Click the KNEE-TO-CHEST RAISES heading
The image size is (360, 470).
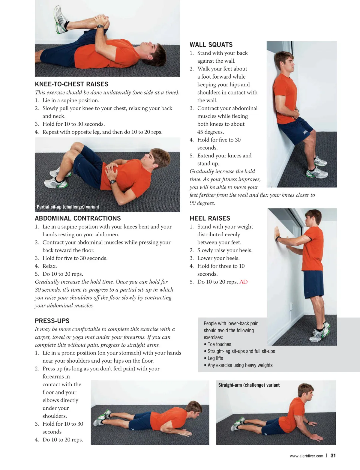(71, 84)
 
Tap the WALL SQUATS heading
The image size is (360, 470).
(211, 45)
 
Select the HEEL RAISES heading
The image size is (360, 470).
(210, 218)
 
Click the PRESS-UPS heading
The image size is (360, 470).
(52, 321)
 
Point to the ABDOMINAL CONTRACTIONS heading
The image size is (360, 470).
(78, 218)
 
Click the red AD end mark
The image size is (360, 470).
(243, 282)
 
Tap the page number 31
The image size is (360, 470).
(333, 456)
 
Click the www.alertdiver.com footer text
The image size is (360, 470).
(306, 456)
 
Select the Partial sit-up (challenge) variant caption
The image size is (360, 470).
(68, 207)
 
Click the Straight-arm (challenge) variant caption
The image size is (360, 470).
(249, 385)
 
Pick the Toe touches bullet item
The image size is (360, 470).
(217, 344)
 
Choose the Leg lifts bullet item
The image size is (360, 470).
(213, 358)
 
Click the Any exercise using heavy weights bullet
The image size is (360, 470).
(238, 365)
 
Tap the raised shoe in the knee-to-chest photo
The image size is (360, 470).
(61, 20)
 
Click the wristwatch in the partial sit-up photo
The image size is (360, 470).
(113, 182)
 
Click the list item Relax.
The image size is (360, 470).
(49, 266)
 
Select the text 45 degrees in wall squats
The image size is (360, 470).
(211, 132)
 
